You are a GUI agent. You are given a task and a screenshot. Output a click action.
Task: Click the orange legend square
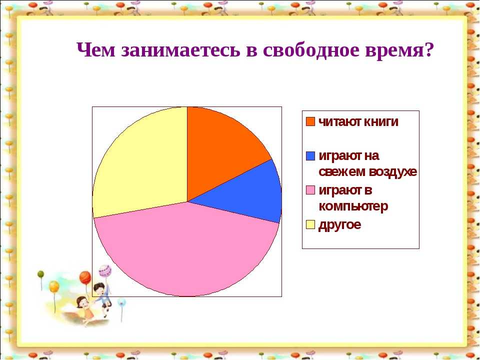310,121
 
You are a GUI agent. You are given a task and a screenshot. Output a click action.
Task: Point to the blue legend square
310,156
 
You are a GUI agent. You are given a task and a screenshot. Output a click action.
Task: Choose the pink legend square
310,190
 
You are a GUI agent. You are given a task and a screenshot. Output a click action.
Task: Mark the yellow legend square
310,224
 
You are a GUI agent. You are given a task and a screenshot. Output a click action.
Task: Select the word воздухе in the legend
392,171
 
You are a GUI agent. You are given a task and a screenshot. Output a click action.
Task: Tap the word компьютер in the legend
353,206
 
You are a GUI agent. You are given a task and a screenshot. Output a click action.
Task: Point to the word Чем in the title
96,49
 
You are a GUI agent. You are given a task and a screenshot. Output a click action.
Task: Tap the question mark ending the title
428,49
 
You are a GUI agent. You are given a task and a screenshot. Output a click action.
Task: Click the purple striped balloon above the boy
105,271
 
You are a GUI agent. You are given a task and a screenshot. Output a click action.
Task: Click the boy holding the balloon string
102,297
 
